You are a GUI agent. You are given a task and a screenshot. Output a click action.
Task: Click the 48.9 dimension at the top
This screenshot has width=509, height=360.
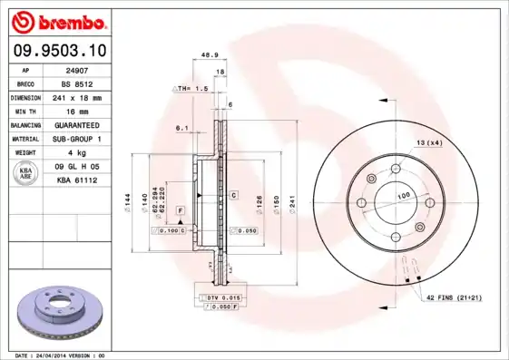tap(209, 55)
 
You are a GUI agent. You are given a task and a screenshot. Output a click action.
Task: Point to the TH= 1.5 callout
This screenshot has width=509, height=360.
tap(192, 89)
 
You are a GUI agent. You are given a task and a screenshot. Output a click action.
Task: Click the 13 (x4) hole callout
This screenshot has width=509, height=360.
tap(428, 143)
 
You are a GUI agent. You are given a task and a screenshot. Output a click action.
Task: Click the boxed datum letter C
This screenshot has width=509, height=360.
tap(233, 195)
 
